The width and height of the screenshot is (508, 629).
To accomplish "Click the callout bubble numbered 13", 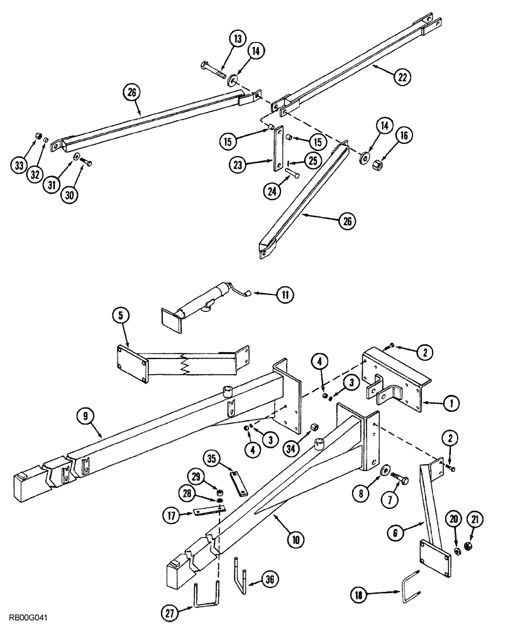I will click(238, 40).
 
